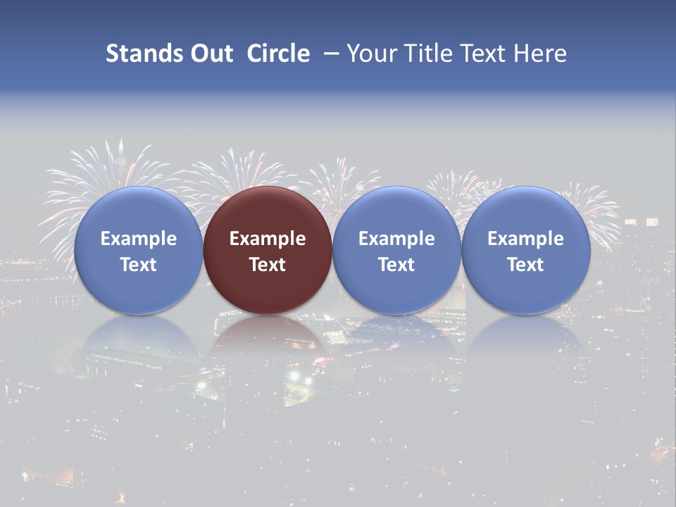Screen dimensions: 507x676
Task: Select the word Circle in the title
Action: pos(278,54)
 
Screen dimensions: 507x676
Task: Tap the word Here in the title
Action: pos(539,54)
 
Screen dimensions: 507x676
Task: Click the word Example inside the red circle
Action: pos(268,239)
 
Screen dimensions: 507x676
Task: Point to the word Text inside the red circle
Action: pos(268,265)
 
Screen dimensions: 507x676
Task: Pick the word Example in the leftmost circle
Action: pos(138,239)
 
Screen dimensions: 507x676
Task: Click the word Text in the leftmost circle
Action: pos(138,265)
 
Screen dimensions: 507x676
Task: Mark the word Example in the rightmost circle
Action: pos(525,239)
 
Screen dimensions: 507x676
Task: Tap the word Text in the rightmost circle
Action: pos(525,265)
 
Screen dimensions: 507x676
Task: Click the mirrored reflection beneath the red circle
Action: pos(268,334)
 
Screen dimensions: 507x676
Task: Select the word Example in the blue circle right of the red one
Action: pos(396,239)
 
